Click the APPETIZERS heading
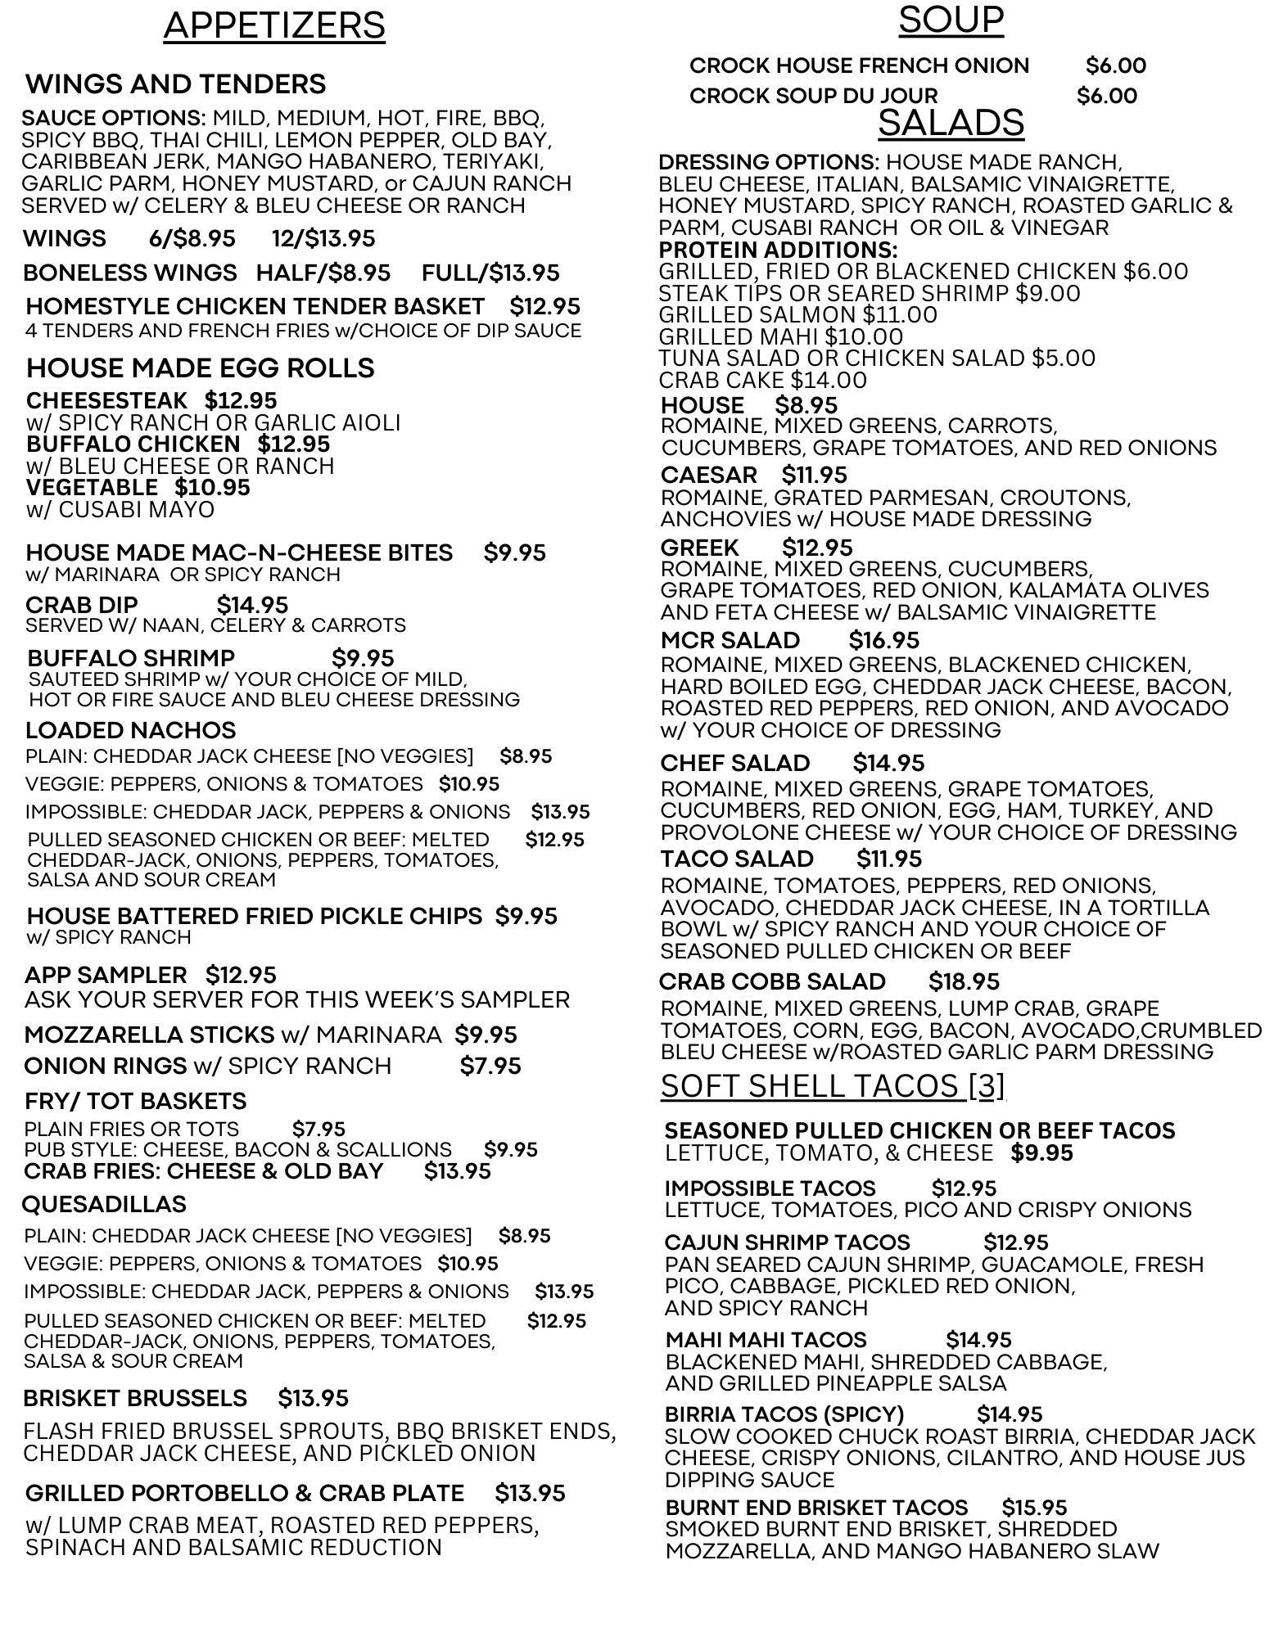click(274, 26)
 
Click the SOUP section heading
click(951, 20)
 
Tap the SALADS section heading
click(951, 124)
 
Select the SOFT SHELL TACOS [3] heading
click(832, 1086)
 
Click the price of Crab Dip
click(252, 605)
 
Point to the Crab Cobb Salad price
click(964, 981)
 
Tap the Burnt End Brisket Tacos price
click(1034, 1507)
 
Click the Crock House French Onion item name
click(859, 65)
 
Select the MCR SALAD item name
click(730, 640)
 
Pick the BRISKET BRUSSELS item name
click(135, 1398)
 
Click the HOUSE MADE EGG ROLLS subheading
click(200, 368)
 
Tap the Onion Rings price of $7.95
click(490, 1066)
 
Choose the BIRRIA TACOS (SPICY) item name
click(784, 1414)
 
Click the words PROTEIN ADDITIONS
click(778, 250)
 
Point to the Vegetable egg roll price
click(212, 488)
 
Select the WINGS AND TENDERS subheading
click(175, 84)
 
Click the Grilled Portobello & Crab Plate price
click(530, 1493)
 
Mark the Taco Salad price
click(889, 859)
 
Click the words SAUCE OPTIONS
click(114, 118)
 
